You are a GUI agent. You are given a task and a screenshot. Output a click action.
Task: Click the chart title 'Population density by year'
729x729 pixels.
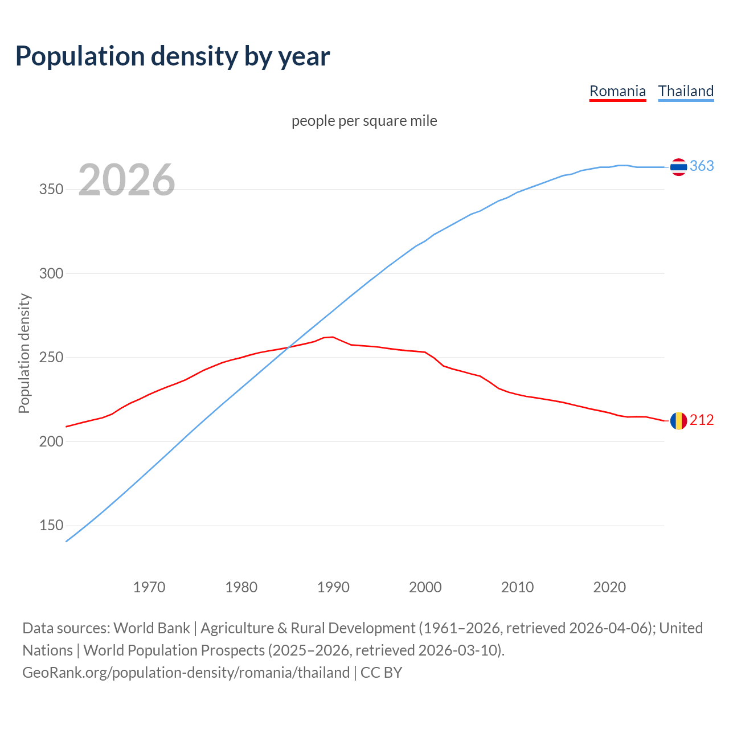173,56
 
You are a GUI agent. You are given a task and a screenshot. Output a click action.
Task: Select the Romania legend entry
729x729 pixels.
617,91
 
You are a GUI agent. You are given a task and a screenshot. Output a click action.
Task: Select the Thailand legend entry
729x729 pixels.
686,91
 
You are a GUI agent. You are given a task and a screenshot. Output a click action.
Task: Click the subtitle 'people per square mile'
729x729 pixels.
364,121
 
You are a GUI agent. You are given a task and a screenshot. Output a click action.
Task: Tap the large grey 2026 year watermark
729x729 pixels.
126,180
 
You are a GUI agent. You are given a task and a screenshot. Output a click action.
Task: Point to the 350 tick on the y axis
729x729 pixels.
51,190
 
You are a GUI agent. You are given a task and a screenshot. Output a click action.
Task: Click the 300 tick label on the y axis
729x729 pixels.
51,273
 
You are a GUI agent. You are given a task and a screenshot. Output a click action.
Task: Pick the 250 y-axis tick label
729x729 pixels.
51,358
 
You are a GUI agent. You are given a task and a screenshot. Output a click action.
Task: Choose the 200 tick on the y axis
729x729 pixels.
51,441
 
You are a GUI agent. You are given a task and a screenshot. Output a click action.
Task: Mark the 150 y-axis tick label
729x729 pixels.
51,526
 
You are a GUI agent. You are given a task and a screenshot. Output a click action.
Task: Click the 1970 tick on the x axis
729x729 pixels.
149,587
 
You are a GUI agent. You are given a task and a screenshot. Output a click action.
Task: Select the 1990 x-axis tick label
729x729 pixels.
333,587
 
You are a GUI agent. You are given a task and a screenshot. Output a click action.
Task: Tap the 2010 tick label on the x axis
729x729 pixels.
517,587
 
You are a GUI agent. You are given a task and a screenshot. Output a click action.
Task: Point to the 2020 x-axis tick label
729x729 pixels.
609,587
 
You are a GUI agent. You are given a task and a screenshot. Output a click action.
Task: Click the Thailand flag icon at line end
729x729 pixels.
678,167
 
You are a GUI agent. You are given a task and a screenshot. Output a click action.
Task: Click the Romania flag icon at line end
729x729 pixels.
678,421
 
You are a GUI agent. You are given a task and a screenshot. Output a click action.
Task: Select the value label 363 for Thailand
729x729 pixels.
702,166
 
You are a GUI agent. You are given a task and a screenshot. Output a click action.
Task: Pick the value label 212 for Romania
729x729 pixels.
702,420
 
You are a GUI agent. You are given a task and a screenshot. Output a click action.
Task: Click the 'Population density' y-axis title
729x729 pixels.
24,353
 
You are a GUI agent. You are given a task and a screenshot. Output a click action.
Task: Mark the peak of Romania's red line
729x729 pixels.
333,337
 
